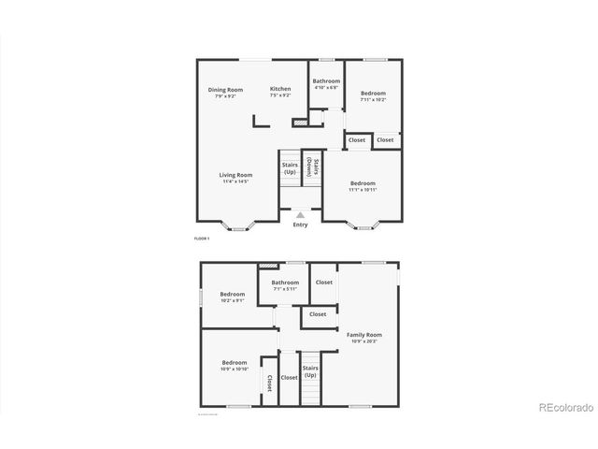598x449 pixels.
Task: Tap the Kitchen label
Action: pyautogui.click(x=280, y=89)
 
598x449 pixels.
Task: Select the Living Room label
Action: pyautogui.click(x=236, y=175)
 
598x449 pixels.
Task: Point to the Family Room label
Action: pyautogui.click(x=364, y=334)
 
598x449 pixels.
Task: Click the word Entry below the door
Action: pyautogui.click(x=300, y=224)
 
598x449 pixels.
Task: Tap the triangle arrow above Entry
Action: pyautogui.click(x=300, y=214)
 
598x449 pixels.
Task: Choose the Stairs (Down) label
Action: pyautogui.click(x=318, y=168)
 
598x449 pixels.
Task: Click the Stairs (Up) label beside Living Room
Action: pyautogui.click(x=290, y=168)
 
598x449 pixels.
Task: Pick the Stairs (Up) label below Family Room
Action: pyautogui.click(x=310, y=371)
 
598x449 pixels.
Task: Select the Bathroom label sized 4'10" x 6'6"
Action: pyautogui.click(x=326, y=81)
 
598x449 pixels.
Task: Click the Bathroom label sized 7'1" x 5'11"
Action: pyautogui.click(x=285, y=282)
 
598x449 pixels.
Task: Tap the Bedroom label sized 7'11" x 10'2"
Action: pyautogui.click(x=373, y=93)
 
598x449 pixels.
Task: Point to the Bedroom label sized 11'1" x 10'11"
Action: pyautogui.click(x=363, y=182)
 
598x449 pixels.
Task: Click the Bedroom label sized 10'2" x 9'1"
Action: pyautogui.click(x=233, y=294)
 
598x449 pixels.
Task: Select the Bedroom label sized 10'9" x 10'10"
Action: pyautogui.click(x=235, y=362)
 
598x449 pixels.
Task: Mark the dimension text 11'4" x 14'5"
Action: pyautogui.click(x=236, y=181)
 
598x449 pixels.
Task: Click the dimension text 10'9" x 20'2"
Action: pyautogui.click(x=364, y=340)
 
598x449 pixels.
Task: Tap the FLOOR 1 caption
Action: pyautogui.click(x=202, y=239)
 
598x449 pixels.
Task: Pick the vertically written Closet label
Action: pyautogui.click(x=269, y=382)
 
